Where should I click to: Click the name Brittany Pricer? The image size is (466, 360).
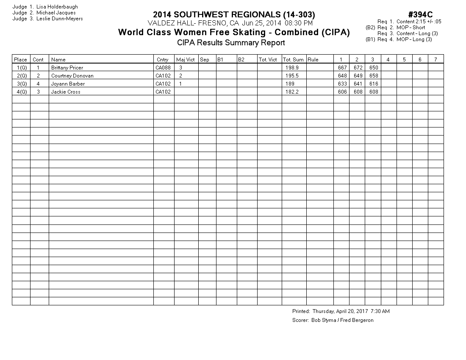pyautogui.click(x=67, y=68)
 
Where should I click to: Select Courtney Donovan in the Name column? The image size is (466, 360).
pyautogui.click(x=72, y=76)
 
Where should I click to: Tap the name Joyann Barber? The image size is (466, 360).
pyautogui.click(x=68, y=84)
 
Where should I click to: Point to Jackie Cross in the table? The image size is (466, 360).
pyautogui.click(x=66, y=92)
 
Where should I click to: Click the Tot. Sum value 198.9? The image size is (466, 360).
pyautogui.click(x=292, y=68)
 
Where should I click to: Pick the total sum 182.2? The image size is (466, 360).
pyautogui.click(x=292, y=92)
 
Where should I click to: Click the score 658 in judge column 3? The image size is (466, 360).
pyautogui.click(x=373, y=76)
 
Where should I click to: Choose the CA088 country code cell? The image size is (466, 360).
pyautogui.click(x=163, y=68)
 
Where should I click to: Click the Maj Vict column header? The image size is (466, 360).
pyautogui.click(x=185, y=60)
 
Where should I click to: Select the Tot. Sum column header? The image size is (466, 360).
pyautogui.click(x=293, y=60)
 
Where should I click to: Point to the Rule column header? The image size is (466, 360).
pyautogui.click(x=313, y=60)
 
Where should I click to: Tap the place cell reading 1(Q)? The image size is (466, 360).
pyautogui.click(x=21, y=68)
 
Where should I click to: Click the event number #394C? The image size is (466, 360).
pyautogui.click(x=420, y=15)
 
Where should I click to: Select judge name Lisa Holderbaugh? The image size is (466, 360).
pyautogui.click(x=57, y=7)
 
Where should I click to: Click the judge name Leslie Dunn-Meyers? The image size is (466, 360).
pyautogui.click(x=60, y=19)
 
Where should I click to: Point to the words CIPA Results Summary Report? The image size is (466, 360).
pyautogui.click(x=231, y=42)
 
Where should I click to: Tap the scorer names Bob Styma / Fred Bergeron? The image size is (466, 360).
pyautogui.click(x=342, y=320)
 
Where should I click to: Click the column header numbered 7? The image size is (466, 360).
pyautogui.click(x=435, y=60)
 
